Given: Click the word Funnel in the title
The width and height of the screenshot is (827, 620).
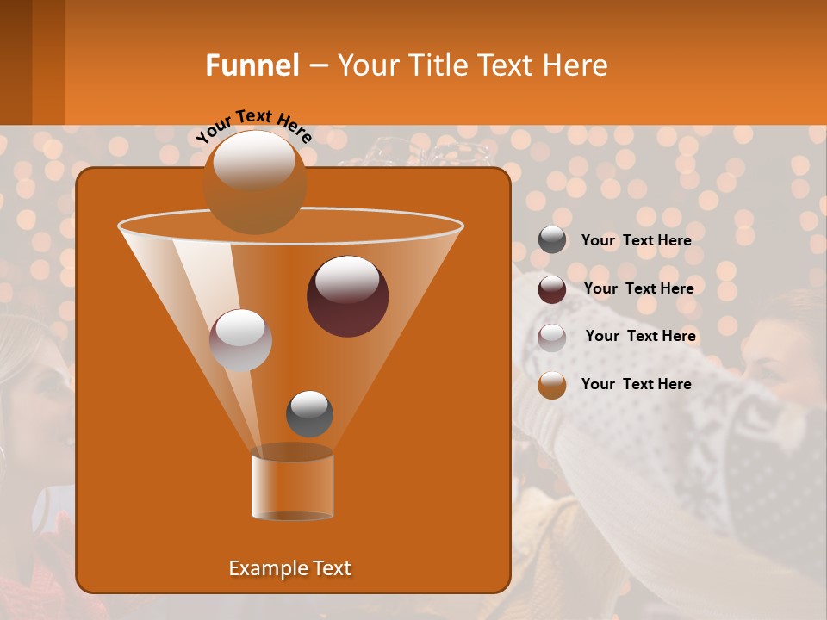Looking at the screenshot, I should pyautogui.click(x=252, y=65).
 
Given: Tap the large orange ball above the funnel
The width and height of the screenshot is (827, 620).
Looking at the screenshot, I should pyautogui.click(x=255, y=182).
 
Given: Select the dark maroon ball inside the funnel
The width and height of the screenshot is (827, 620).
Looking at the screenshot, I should pyautogui.click(x=348, y=296).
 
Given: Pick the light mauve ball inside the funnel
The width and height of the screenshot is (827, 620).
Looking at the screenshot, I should pyautogui.click(x=240, y=340).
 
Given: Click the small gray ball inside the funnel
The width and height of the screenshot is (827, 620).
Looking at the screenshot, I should pyautogui.click(x=309, y=413).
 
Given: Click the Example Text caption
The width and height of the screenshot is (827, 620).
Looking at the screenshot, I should pyautogui.click(x=289, y=568).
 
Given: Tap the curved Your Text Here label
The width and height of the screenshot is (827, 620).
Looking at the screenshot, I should pyautogui.click(x=253, y=125).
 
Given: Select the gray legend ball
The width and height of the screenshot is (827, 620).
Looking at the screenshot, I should pyautogui.click(x=552, y=240).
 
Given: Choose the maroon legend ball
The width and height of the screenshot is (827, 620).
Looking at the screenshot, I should pyautogui.click(x=552, y=288).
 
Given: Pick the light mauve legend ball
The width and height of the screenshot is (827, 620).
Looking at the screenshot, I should pyautogui.click(x=552, y=337).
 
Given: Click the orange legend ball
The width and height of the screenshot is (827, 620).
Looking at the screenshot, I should pyautogui.click(x=552, y=385).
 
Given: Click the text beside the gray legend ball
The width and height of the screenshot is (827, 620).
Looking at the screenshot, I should pyautogui.click(x=636, y=240).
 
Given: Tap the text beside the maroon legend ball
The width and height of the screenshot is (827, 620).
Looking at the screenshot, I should pyautogui.click(x=638, y=288).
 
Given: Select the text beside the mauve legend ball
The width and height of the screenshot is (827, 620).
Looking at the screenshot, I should pyautogui.click(x=640, y=336).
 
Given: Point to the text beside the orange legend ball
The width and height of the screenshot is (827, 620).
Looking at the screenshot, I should pyautogui.click(x=636, y=384).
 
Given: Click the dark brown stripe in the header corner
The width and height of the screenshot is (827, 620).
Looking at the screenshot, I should pyautogui.click(x=16, y=62).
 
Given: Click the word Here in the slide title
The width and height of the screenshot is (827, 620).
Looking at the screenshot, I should pyautogui.click(x=575, y=65).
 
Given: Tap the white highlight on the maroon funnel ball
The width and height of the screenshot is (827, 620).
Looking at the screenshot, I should pyautogui.click(x=346, y=280).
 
